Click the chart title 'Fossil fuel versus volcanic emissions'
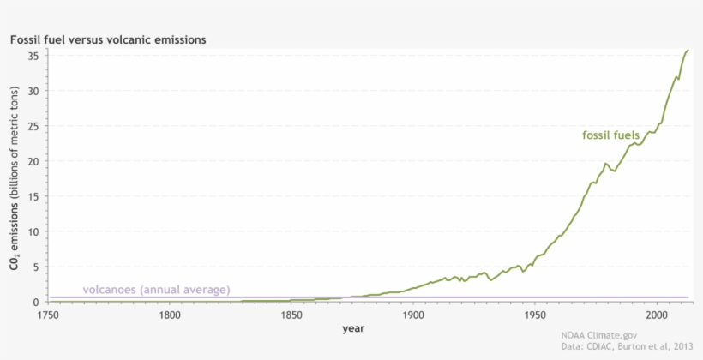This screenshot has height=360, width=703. point(107,39)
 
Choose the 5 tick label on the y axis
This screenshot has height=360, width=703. point(35,267)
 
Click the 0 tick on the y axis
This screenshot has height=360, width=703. point(35,302)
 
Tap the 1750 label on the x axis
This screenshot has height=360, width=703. point(48,315)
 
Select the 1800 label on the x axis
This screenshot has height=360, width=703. point(170,315)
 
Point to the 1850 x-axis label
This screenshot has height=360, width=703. point(291,315)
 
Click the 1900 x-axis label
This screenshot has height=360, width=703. point(413,315)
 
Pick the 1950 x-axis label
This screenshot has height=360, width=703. point(535,315)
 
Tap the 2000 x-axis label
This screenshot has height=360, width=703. point(657,315)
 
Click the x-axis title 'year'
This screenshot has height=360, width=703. point(352,328)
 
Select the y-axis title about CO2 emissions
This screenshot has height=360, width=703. point(15,177)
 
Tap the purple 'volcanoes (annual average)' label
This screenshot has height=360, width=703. point(156,290)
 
